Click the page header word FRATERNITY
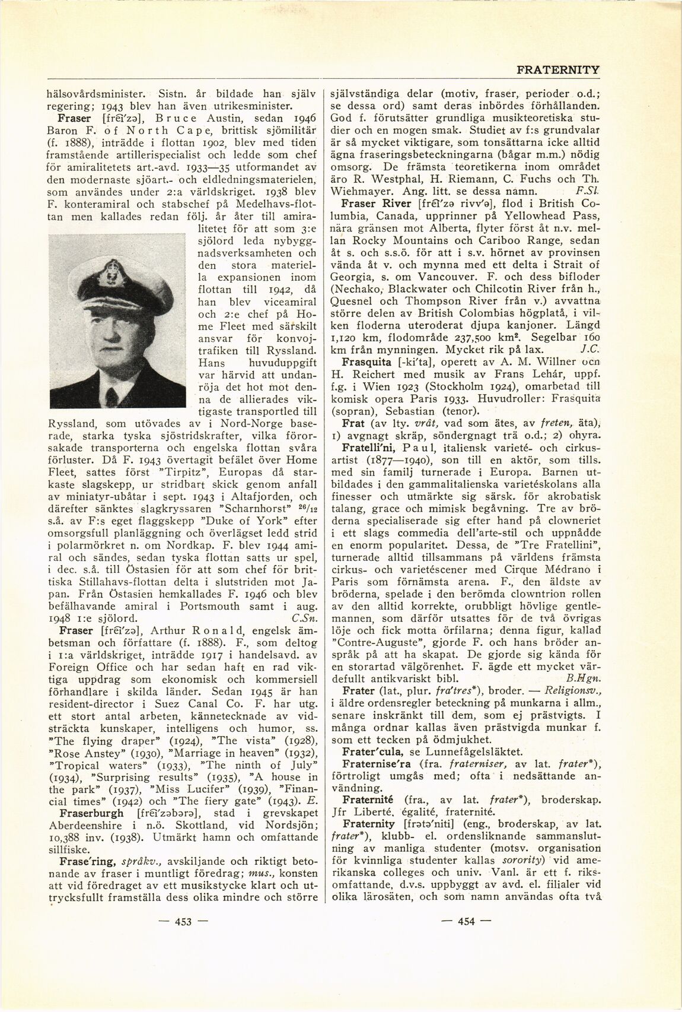pyautogui.click(x=557, y=69)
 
